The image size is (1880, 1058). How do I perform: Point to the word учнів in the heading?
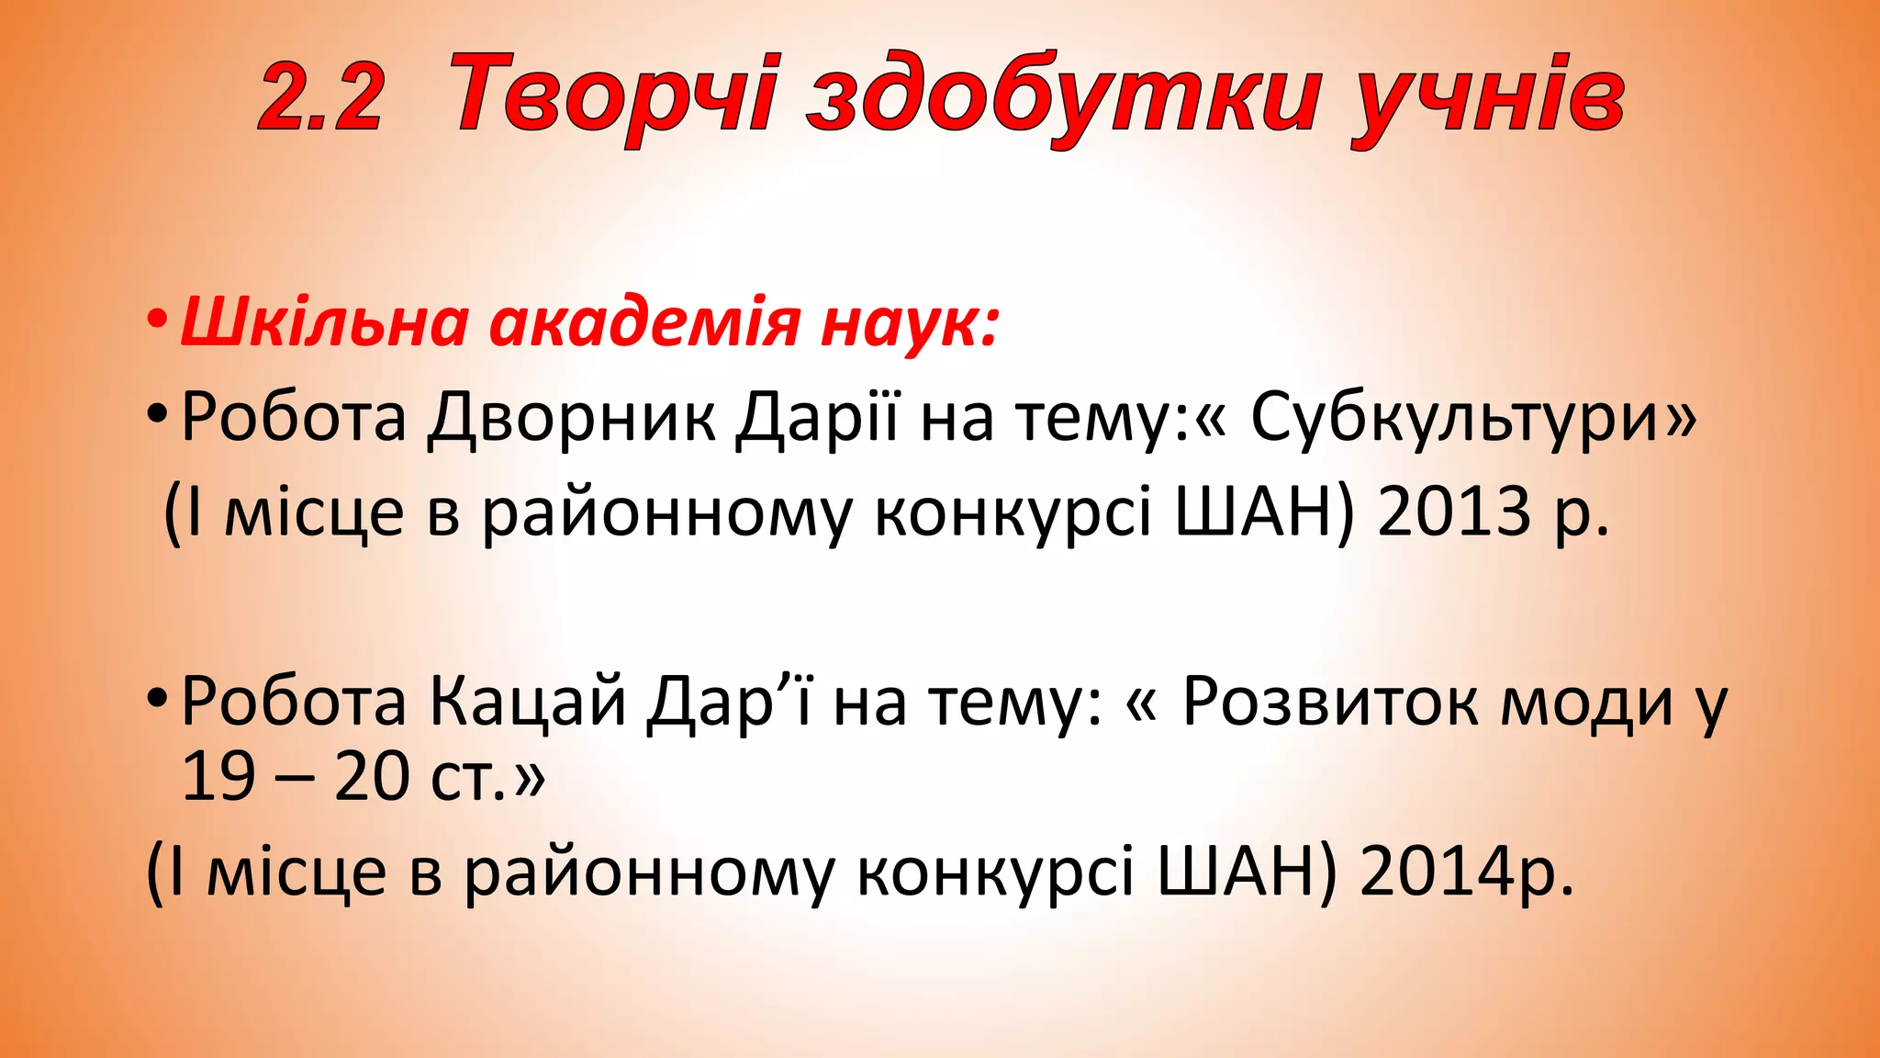pos(1486,97)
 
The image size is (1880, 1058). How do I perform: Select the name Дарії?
pos(818,419)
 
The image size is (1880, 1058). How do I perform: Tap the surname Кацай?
pos(528,703)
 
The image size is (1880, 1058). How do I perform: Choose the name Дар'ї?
pos(730,703)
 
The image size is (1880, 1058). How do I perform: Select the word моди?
pos(1587,703)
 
